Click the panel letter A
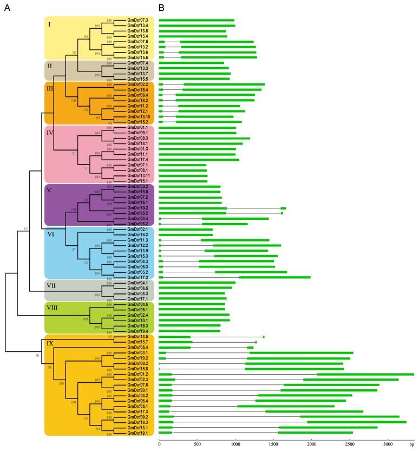tap(7, 8)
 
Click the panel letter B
tap(162, 8)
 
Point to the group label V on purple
tap(50, 190)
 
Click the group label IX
tap(51, 342)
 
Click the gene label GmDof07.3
tap(138, 21)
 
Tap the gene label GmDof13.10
tap(139, 116)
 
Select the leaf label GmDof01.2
tap(138, 374)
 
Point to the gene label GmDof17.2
tap(138, 277)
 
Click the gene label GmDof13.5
tap(138, 337)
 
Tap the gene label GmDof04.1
tap(138, 283)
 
